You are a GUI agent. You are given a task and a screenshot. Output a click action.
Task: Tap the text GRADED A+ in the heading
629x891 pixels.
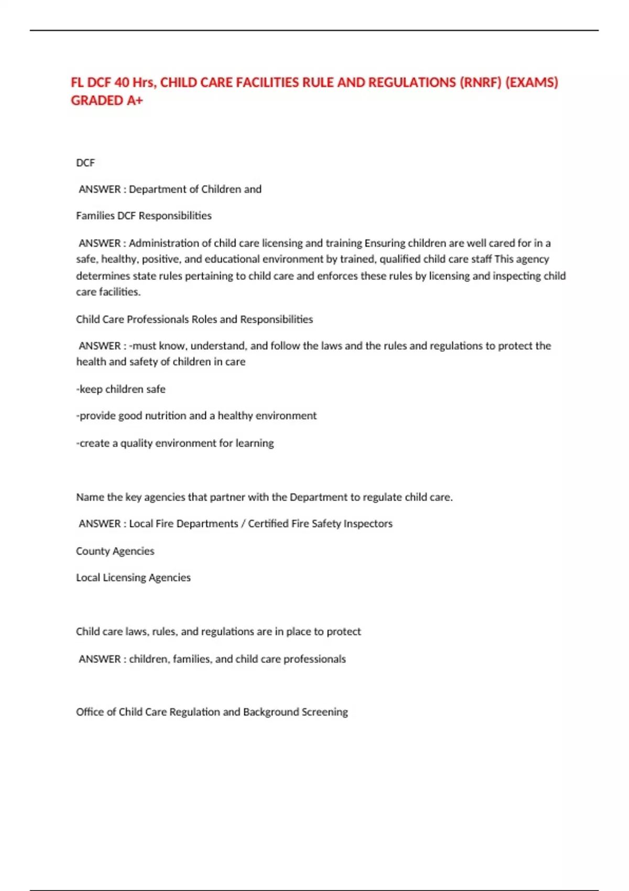point(107,101)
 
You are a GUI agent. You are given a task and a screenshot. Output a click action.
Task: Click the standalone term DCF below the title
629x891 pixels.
point(85,163)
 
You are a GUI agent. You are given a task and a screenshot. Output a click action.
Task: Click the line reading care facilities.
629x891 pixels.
point(109,292)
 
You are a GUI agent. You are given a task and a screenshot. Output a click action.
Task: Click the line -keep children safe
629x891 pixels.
point(121,389)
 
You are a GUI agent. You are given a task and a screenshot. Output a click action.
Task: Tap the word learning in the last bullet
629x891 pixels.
point(254,443)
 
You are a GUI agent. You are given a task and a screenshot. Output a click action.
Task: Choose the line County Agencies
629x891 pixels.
point(115,551)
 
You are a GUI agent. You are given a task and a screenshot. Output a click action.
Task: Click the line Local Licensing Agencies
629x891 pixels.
point(133,578)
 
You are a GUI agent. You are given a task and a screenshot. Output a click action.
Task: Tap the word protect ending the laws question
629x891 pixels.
point(344,632)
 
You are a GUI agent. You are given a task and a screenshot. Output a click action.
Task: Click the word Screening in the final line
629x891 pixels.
point(324,712)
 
